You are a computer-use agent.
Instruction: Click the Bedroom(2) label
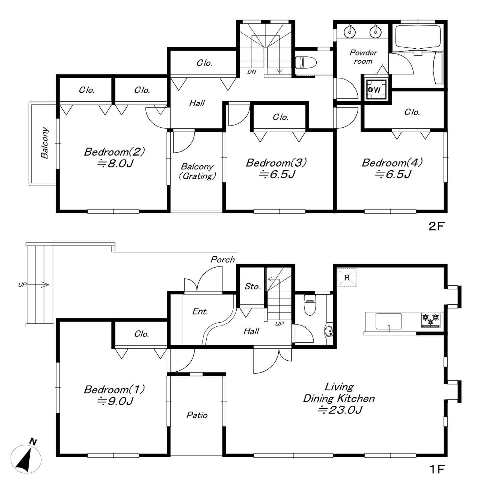(x=114, y=152)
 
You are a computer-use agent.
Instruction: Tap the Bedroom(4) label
(x=392, y=163)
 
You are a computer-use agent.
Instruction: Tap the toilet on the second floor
(x=306, y=62)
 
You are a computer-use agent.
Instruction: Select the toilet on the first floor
(x=310, y=305)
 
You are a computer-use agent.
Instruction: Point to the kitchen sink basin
(x=388, y=322)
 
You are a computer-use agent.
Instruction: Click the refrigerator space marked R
(x=347, y=277)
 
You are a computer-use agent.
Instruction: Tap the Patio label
(x=197, y=415)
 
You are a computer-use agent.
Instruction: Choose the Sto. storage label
(x=252, y=286)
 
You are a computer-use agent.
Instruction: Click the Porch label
(x=223, y=260)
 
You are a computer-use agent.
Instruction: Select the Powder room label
(x=363, y=57)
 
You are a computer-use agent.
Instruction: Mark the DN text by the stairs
(x=252, y=72)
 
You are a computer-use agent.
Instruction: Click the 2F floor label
(x=436, y=226)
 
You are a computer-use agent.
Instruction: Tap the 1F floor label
(x=437, y=469)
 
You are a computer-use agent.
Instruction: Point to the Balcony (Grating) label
(x=197, y=171)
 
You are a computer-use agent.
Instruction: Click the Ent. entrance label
(x=200, y=312)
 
